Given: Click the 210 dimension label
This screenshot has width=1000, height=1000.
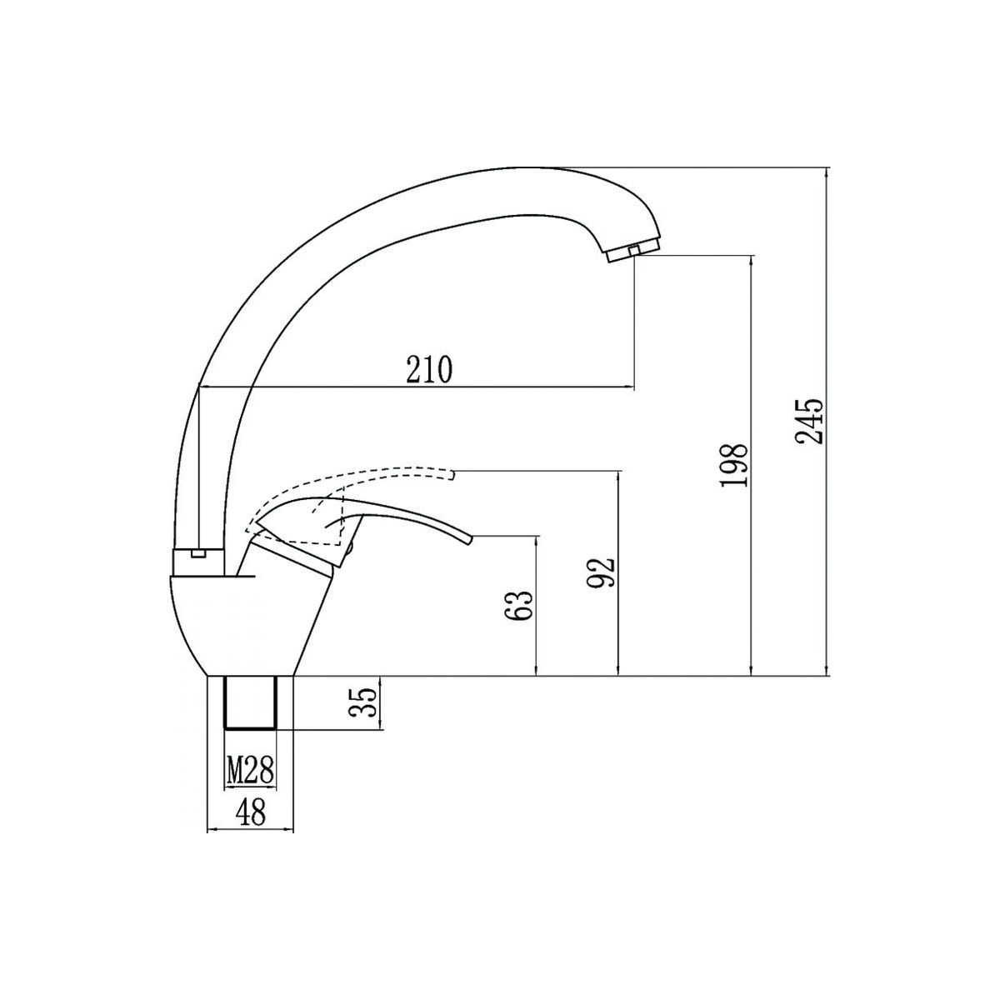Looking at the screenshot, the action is point(429,369).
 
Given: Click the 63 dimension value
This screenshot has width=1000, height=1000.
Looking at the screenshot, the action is point(518,605).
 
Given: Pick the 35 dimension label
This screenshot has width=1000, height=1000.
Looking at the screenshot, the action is point(362,702).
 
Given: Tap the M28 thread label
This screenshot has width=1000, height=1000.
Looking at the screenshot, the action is point(250,771).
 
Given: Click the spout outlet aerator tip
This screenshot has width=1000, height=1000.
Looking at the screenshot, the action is point(634,252).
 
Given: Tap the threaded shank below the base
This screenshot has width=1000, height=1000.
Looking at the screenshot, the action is point(250,703).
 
